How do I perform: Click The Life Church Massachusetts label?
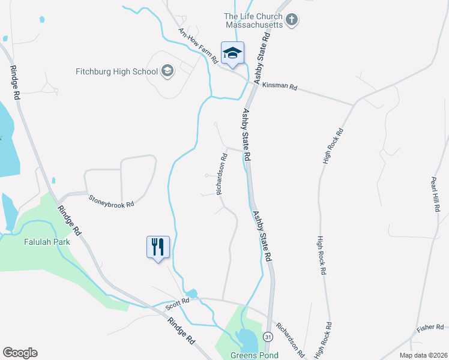pos(253,21)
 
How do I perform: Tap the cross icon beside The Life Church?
pos(292,20)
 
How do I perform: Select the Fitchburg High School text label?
pos(116,72)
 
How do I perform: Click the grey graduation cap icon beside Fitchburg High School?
pos(167,72)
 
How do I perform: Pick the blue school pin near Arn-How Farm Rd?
pos(232,54)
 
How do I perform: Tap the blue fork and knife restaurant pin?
pos(158,247)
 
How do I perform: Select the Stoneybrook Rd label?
pos(111,200)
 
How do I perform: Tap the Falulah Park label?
pos(49,242)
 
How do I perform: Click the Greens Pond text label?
pos(255,355)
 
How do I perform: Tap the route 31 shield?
pos(267,337)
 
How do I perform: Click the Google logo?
pos(20,353)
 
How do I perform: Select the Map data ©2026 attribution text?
pos(421,355)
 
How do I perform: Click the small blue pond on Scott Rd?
pos(191,293)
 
